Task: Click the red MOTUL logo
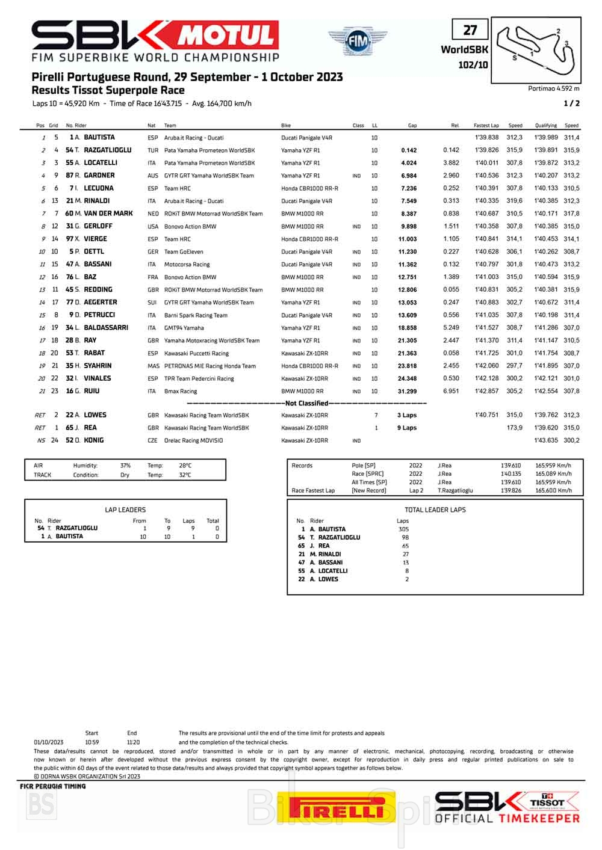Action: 228,35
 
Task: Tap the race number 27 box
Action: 470,30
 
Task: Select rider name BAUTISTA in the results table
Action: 99,137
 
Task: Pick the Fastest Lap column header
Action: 486,126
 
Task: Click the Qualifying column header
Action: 545,126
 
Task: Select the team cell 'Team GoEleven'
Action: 184,252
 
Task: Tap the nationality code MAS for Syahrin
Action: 153,366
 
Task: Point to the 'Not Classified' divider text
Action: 306,403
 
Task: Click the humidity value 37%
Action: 125,466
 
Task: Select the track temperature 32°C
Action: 185,475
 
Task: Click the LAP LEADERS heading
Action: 125,510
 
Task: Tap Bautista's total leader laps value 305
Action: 403,529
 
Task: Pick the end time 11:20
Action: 133,742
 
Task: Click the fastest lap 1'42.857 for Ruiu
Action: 486,391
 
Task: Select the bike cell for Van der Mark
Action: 302,214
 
